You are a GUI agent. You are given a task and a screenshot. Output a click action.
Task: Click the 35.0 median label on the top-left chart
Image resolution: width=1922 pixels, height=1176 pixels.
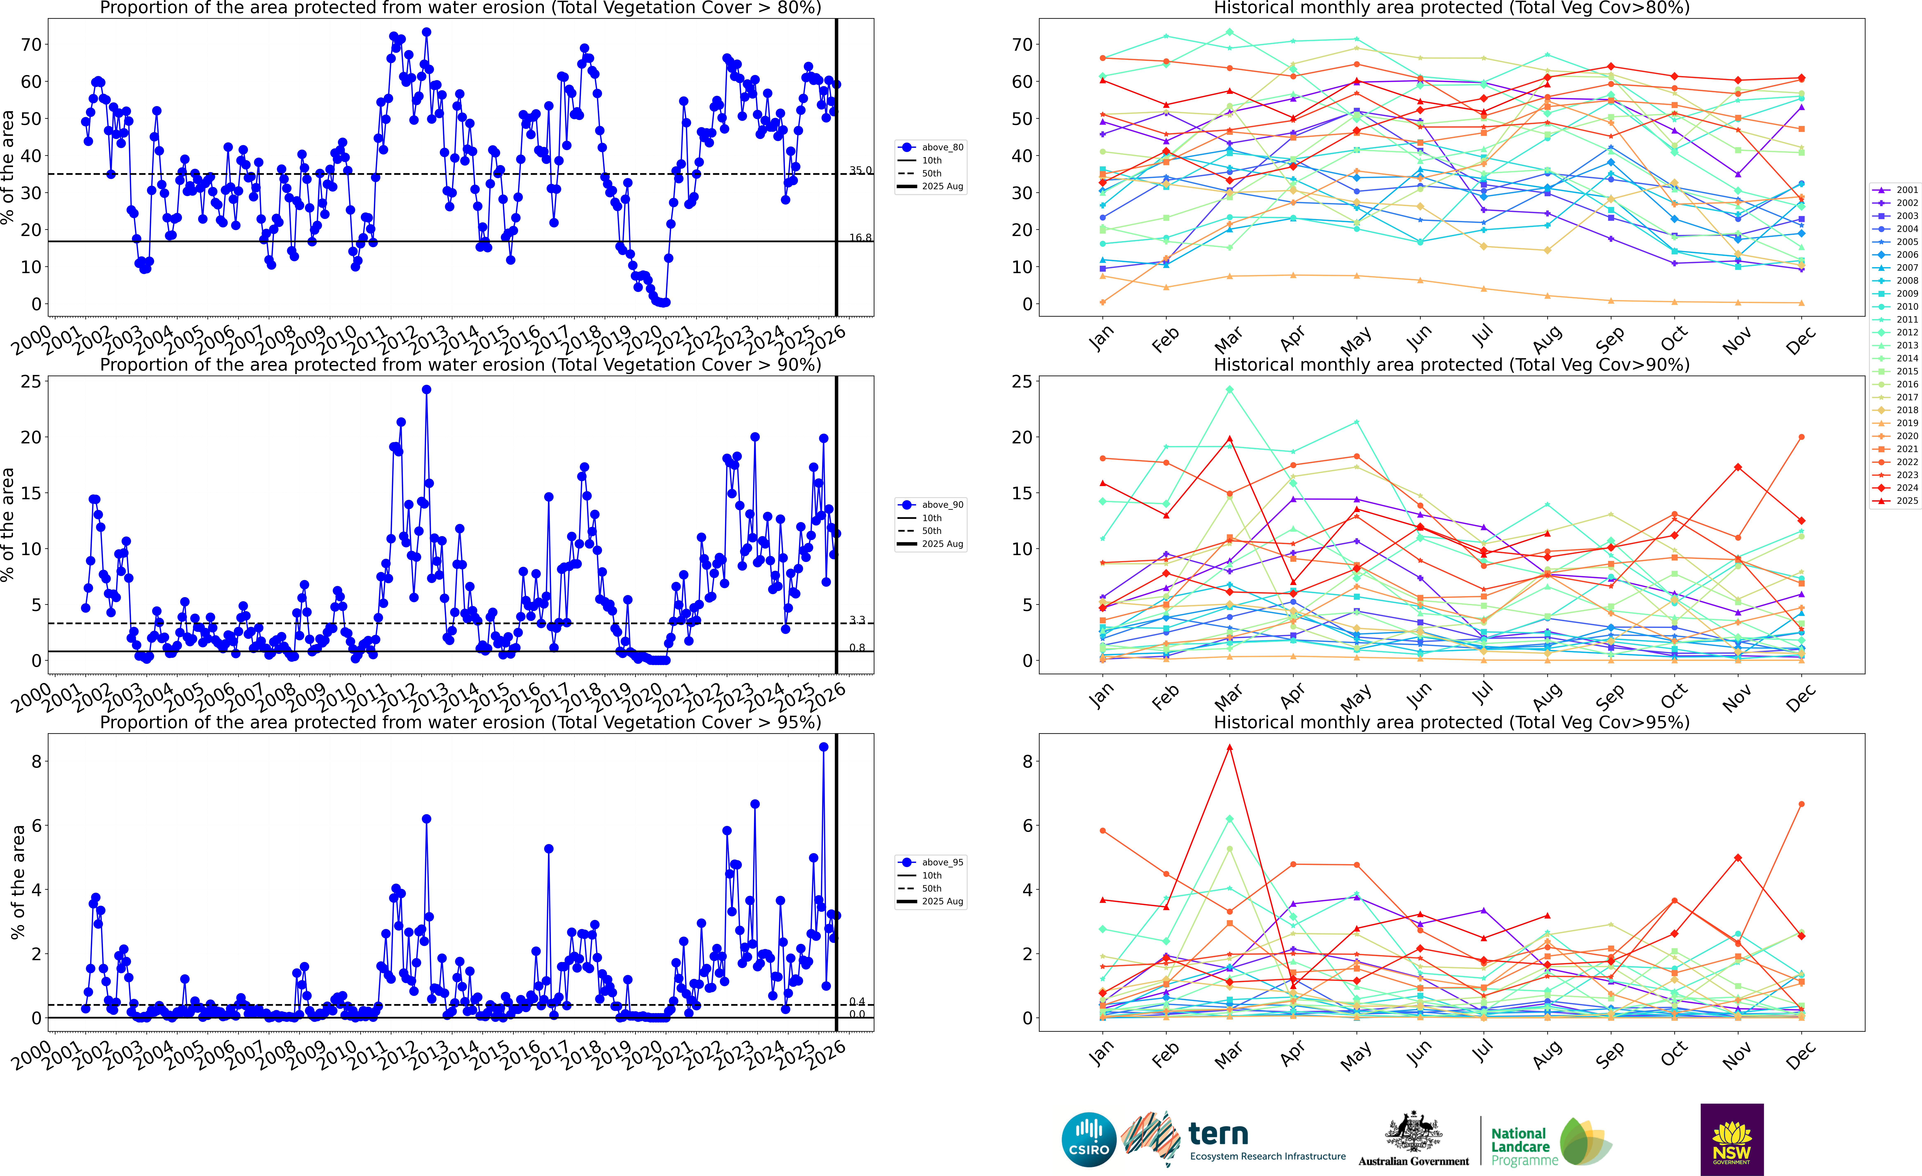[860, 170]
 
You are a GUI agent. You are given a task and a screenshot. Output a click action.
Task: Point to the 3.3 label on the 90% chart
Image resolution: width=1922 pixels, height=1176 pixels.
[857, 620]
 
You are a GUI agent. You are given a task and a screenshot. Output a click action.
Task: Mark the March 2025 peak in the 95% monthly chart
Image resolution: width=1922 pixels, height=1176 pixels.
[1230, 747]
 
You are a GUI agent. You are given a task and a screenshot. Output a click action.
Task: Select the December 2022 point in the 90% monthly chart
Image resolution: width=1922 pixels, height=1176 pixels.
[1801, 437]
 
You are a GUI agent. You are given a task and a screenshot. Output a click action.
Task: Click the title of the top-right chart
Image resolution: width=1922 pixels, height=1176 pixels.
[1452, 8]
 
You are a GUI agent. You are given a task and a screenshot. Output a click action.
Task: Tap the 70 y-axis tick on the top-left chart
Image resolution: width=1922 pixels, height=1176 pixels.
[31, 45]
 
